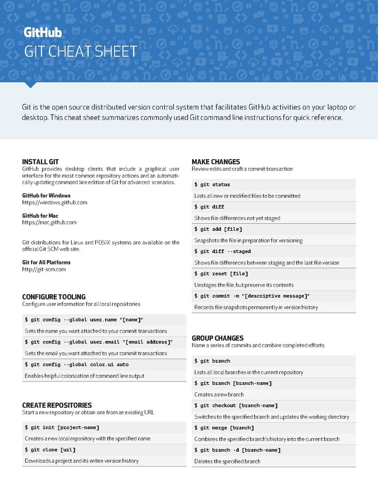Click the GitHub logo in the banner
42,33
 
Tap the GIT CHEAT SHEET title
80,52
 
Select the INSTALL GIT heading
40,162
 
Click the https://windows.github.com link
54,203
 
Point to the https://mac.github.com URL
49,222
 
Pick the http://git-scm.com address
44,269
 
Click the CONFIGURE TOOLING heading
54,297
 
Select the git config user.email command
98,342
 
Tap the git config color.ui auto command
77,364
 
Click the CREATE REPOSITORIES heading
57,406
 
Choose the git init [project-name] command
62,427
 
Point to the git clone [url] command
50,450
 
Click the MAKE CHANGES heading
215,162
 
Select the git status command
212,185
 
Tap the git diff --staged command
222,251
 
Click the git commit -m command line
252,296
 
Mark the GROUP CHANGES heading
218,338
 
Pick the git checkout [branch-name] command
236,406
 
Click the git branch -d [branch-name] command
237,450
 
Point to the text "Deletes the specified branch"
227,461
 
